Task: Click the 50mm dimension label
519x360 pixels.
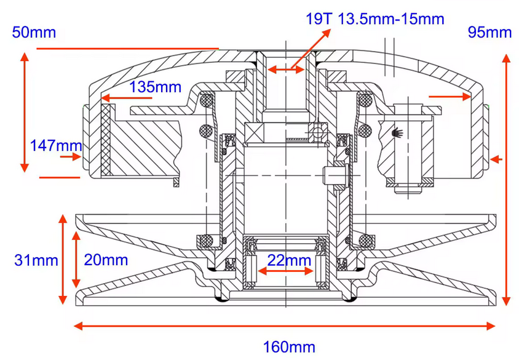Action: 34,32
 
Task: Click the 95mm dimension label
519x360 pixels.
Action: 489,32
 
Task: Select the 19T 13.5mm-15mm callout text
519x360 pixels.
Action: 374,18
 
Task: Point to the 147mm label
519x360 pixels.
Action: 55,145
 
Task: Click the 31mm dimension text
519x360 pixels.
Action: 36,260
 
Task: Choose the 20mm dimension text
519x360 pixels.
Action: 105,260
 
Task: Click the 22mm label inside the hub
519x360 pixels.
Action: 289,260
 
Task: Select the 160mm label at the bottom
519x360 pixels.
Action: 289,347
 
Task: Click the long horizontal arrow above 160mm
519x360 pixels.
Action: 284,326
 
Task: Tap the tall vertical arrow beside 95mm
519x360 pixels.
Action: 506,179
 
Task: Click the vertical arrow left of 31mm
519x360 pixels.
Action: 62,258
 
